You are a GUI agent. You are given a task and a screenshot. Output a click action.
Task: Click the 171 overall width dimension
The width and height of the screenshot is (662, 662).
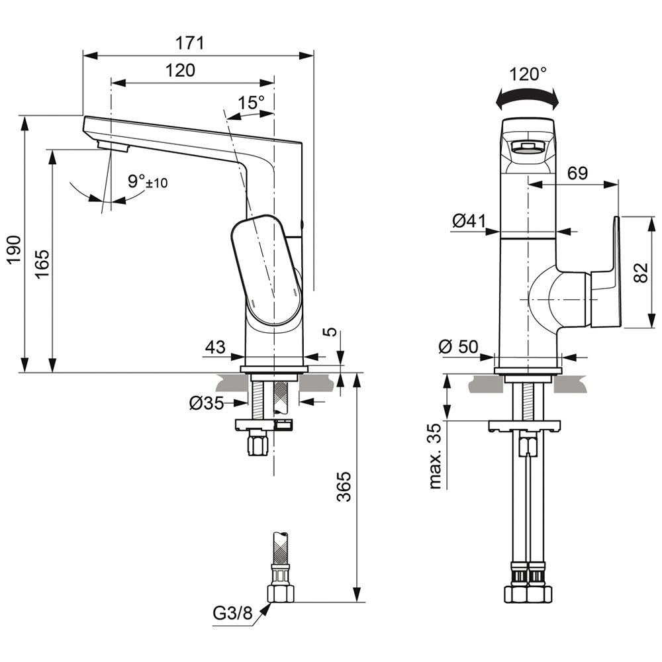(190, 44)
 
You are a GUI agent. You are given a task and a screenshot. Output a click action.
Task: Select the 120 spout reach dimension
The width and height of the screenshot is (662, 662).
(180, 70)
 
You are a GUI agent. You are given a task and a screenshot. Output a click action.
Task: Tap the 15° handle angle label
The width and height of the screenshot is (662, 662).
(252, 103)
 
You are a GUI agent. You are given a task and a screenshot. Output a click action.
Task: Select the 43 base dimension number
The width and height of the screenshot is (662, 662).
(215, 347)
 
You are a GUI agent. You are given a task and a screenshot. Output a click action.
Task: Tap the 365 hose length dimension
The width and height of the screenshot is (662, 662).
(344, 488)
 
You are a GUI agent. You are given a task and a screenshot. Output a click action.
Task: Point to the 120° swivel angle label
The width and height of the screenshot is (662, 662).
(529, 74)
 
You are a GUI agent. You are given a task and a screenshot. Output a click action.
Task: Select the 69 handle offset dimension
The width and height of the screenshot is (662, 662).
(577, 174)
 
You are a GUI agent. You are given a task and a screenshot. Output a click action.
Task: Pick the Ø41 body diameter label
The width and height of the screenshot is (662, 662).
(469, 222)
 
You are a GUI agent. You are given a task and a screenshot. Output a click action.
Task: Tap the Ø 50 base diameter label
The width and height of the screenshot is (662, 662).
(460, 346)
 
